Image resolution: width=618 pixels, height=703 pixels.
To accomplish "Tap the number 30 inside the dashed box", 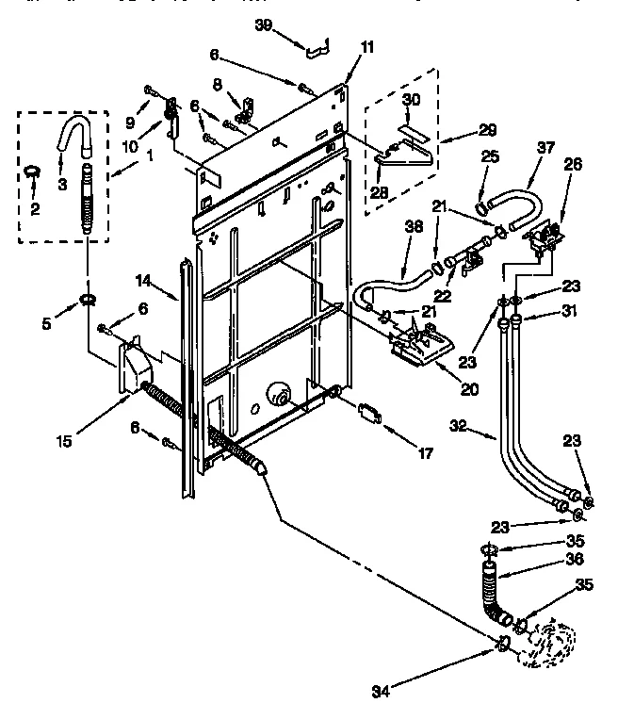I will (x=411, y=98).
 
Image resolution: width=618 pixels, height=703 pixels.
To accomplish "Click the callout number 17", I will (x=424, y=453).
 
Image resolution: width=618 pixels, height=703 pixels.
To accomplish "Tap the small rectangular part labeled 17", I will (x=368, y=413).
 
